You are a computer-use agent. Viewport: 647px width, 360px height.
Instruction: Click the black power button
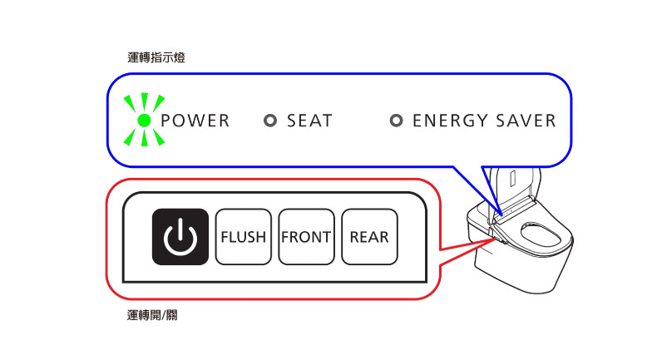(x=180, y=237)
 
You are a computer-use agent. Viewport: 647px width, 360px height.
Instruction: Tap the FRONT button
(x=306, y=237)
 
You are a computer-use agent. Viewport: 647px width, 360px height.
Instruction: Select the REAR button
(x=369, y=237)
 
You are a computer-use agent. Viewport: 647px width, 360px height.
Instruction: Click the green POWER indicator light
(x=144, y=121)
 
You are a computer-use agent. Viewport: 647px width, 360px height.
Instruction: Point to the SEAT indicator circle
(x=270, y=121)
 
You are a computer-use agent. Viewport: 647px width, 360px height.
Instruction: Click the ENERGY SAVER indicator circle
(x=396, y=121)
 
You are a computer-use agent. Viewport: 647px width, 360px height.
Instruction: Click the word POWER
(x=195, y=121)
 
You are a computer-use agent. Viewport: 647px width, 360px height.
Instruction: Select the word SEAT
(x=309, y=121)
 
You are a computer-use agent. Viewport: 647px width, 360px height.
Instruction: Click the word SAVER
(x=526, y=121)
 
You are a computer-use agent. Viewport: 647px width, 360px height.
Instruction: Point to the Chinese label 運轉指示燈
(x=156, y=57)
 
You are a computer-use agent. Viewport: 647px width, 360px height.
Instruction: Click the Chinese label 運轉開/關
(x=152, y=315)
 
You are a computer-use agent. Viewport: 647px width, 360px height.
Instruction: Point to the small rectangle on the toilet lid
(x=513, y=179)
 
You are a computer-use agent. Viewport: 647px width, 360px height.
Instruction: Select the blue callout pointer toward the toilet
(x=478, y=190)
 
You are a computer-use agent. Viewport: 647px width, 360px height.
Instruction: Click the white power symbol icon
(x=180, y=237)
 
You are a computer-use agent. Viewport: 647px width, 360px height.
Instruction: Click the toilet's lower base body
(x=521, y=268)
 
